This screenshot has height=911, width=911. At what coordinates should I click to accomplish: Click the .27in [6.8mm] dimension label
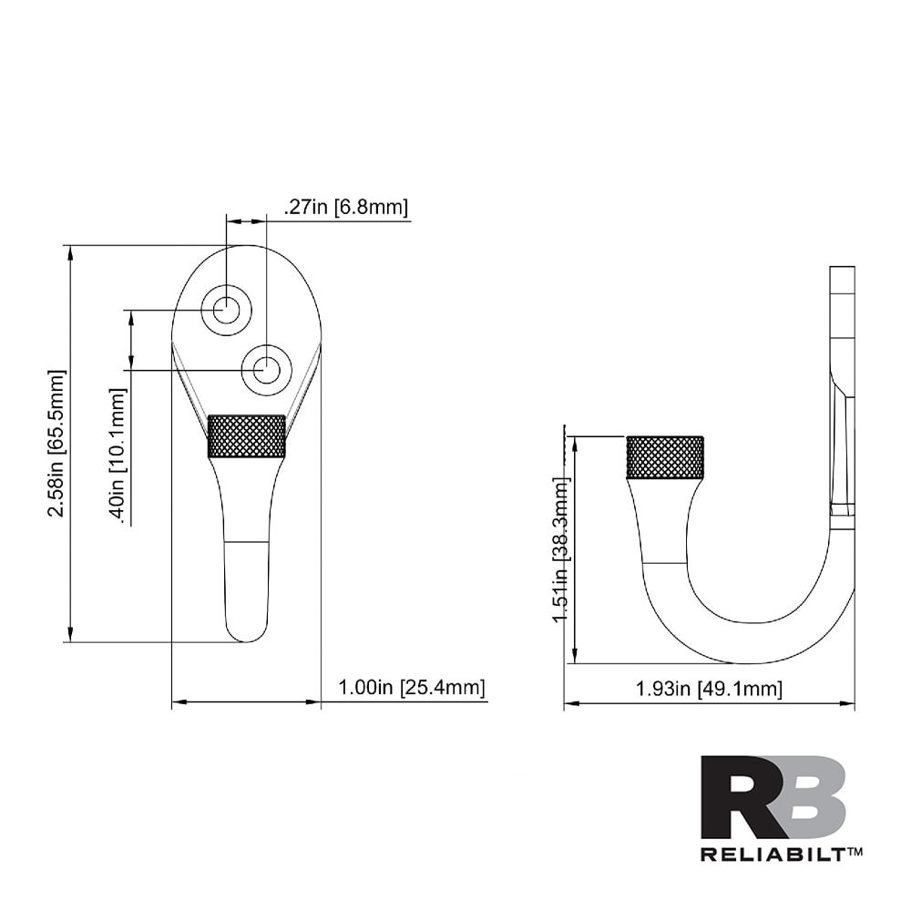point(345,208)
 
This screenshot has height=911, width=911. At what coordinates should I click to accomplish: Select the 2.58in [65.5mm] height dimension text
point(57,444)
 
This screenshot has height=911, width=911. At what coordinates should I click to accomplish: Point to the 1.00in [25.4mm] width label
point(411,687)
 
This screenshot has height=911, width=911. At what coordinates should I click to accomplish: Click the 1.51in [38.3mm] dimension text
point(561,550)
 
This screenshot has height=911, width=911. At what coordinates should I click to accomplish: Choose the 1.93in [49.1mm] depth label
point(709,689)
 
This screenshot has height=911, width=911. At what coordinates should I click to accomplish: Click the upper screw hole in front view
point(226,310)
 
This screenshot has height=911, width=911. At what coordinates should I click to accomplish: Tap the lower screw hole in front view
point(266,370)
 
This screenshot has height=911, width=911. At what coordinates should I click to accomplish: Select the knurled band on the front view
point(247,435)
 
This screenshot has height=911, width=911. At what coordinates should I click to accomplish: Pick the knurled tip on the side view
point(665,457)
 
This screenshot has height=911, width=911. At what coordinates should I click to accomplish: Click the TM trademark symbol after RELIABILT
point(855,851)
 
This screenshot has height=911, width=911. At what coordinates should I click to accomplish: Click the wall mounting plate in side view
point(842,392)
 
